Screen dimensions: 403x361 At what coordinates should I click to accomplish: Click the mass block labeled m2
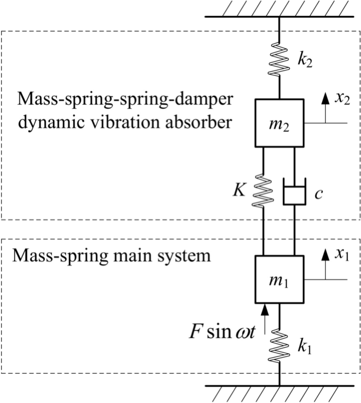pos(279,123)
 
